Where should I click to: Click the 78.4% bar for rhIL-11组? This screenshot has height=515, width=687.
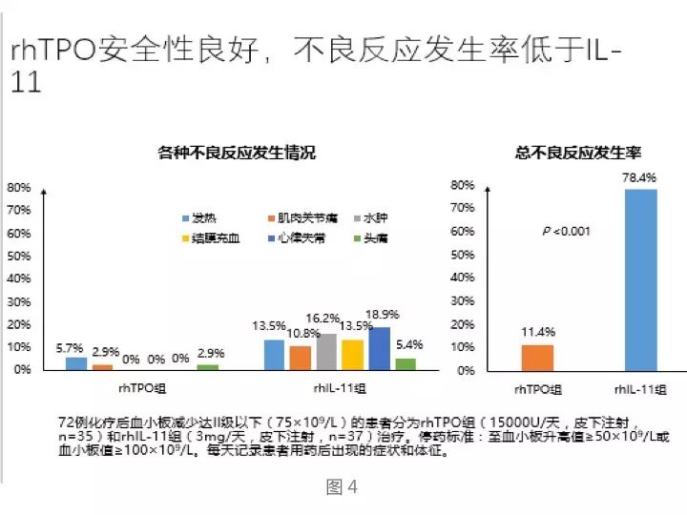pos(640,278)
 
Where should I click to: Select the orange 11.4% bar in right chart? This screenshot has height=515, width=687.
pos(537,357)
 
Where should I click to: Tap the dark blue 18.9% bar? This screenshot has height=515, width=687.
pos(379,347)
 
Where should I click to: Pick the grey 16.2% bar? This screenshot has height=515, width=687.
pos(326,350)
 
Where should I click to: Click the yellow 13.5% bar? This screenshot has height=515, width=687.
pos(353,353)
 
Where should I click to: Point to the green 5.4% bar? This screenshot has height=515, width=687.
pos(405,362)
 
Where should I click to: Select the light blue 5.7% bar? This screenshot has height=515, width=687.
pos(76,362)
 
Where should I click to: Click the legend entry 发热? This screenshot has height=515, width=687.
pos(203,217)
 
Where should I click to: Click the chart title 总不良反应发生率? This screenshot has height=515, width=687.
pos(577,153)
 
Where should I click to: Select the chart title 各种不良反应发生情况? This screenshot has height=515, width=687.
pos(236,153)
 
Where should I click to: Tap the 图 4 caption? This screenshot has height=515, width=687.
pos(342,487)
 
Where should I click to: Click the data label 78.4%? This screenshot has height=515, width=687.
pos(640,177)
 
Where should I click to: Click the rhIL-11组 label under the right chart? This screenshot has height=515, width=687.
pos(640,388)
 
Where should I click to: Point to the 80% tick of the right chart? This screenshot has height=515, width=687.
pos(463,185)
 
